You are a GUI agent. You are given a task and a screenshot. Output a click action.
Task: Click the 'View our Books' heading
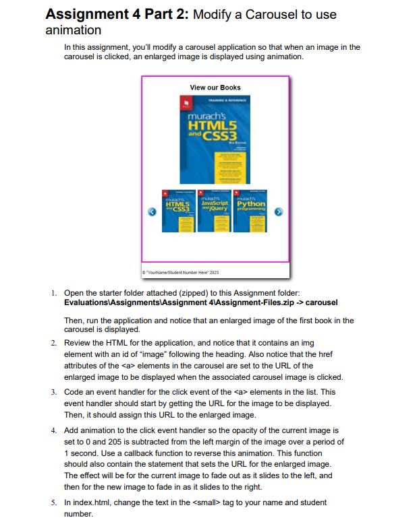click(x=215, y=88)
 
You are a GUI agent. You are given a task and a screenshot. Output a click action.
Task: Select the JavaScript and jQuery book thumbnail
click(x=215, y=210)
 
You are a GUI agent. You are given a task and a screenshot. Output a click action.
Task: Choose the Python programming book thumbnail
click(x=250, y=210)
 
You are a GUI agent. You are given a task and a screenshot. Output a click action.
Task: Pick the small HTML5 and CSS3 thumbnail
click(x=179, y=210)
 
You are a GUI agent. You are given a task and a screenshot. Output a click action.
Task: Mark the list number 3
click(x=53, y=391)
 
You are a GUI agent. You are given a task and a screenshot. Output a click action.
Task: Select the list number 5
click(x=53, y=502)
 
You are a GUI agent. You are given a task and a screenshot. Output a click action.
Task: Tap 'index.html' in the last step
click(x=90, y=502)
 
